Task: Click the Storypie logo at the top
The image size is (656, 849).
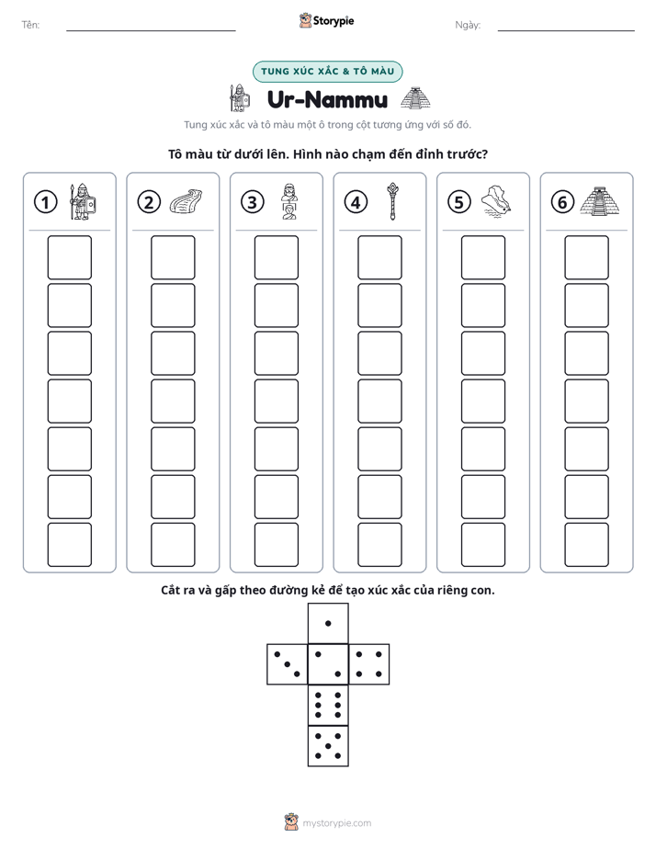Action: tap(326, 20)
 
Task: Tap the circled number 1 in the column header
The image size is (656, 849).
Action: tap(45, 202)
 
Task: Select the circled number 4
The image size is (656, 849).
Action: tap(356, 202)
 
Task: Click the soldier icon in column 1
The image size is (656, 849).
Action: tap(82, 201)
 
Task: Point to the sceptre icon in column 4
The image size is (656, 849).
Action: tap(392, 201)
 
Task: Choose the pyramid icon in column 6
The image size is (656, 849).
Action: tap(600, 201)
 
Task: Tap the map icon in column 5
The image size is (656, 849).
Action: tap(496, 201)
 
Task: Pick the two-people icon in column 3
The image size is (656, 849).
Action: tap(289, 201)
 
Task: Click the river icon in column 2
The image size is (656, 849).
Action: tap(186, 201)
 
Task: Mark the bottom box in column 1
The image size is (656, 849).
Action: tap(69, 545)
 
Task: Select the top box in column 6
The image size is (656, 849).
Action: tap(587, 257)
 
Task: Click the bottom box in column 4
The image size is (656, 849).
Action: tap(380, 545)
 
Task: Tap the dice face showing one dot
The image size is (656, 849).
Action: tap(328, 623)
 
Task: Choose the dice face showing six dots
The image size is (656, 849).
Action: tap(328, 705)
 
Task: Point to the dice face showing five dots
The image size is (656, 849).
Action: tap(328, 746)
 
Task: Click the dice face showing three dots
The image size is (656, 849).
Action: tap(288, 664)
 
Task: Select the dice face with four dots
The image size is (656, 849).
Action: tap(369, 664)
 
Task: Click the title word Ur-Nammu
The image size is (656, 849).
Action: tap(327, 99)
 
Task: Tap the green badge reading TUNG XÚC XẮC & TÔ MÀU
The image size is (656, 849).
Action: tap(327, 72)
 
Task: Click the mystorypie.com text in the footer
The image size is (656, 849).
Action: tap(336, 823)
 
